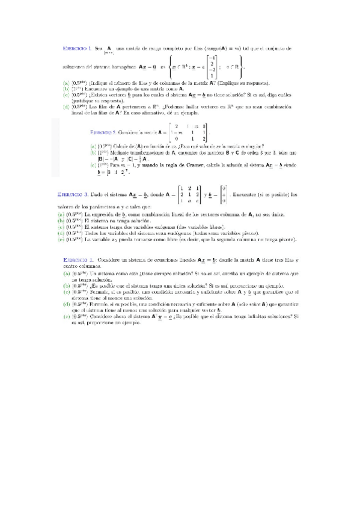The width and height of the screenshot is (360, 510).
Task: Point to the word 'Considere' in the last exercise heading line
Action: click(x=114, y=259)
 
